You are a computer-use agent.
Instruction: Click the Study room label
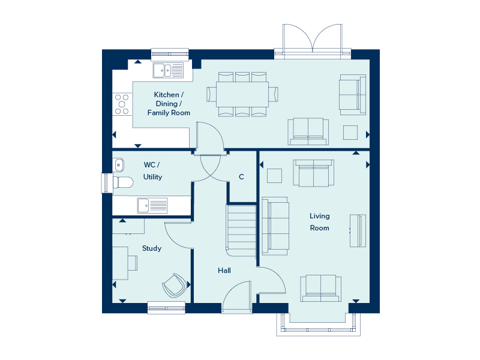point(152,248)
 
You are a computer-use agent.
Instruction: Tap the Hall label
point(224,271)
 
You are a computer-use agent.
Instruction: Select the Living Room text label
point(320,222)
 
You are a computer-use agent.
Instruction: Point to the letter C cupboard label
point(241,176)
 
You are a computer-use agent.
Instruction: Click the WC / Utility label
point(152,171)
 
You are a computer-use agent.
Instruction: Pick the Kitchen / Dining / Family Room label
point(169,104)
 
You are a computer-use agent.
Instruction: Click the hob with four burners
point(122,104)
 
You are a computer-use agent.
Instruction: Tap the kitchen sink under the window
point(169,70)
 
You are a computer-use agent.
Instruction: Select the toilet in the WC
point(123,182)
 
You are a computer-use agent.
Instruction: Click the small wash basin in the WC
point(118,165)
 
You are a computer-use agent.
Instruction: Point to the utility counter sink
point(152,205)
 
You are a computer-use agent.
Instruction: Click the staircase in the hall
point(241,230)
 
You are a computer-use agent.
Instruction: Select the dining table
point(242,94)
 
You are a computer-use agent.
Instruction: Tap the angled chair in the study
point(174,286)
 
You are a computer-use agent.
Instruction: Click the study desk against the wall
point(121,263)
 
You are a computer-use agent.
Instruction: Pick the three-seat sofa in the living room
point(275,226)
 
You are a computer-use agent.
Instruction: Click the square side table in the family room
point(350,133)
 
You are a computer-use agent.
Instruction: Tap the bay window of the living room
point(319,325)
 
